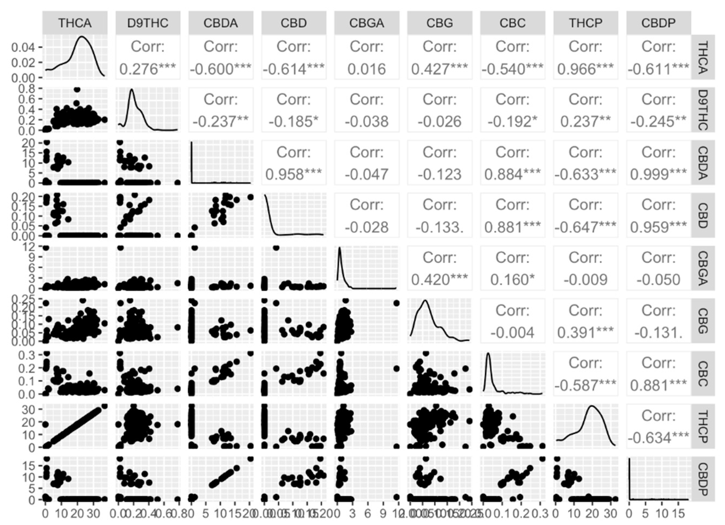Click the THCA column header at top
[x=75, y=23]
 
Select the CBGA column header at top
[x=367, y=23]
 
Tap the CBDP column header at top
[x=658, y=23]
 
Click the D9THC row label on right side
[x=703, y=110]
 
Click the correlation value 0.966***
[x=585, y=69]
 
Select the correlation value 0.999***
[x=658, y=174]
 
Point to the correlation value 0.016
[x=367, y=69]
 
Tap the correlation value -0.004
[x=512, y=333]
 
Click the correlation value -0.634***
[x=658, y=438]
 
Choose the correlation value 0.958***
[x=293, y=174]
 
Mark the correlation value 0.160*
[x=512, y=280]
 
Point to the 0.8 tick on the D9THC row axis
[x=26, y=88]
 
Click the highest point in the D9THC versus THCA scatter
[x=77, y=90]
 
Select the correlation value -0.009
[x=585, y=280]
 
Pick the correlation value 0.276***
[x=148, y=69]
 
